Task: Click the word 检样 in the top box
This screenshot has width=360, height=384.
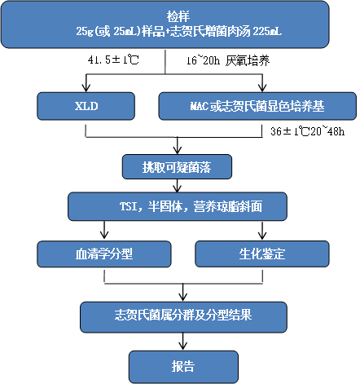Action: [x=178, y=16]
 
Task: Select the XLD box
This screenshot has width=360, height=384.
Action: [x=86, y=106]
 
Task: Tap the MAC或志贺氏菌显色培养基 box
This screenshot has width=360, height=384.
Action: [x=257, y=106]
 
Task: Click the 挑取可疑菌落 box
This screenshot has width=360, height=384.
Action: [x=177, y=167]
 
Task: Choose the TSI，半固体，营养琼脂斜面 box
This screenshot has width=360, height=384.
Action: [x=178, y=206]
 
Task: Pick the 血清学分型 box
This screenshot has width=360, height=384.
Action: [x=104, y=254]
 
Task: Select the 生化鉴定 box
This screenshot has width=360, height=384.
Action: [x=262, y=254]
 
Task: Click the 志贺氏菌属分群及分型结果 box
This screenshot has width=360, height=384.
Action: [x=183, y=317]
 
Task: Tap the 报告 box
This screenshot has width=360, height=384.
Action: [x=183, y=367]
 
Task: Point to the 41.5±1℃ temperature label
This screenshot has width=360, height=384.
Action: [x=113, y=60]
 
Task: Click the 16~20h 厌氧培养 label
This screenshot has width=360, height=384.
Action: [x=228, y=60]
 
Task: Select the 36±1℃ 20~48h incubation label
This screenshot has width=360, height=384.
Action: [x=308, y=131]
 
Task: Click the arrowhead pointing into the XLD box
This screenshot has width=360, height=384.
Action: [x=86, y=88]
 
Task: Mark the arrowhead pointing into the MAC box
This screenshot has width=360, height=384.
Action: [x=262, y=88]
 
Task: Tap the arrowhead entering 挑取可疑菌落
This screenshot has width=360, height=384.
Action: [x=178, y=150]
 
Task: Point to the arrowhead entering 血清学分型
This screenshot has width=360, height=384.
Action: [x=104, y=236]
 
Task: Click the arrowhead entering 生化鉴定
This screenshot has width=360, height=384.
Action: [x=262, y=236]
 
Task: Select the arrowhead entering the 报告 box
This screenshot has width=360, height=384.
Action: [x=183, y=346]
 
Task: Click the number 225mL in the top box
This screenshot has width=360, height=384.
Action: [x=267, y=32]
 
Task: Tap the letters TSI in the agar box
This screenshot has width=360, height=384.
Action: [x=128, y=206]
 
